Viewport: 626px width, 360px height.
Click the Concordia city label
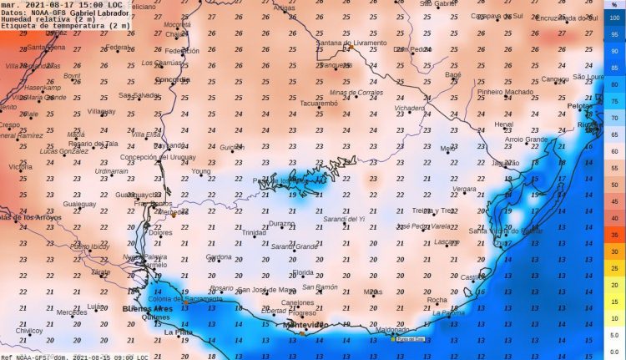coord(173,79)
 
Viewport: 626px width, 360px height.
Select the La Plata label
coord(178,332)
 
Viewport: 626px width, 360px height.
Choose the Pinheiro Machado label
coord(504,92)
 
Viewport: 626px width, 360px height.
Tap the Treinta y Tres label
coord(432,210)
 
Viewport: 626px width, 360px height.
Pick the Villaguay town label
coord(101,110)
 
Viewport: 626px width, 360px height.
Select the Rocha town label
coord(437,300)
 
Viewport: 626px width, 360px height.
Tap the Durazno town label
coord(281,224)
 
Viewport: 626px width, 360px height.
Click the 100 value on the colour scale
coord(614,18)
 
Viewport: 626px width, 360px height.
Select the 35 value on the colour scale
coord(614,236)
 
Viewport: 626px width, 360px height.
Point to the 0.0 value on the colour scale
coord(613,338)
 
